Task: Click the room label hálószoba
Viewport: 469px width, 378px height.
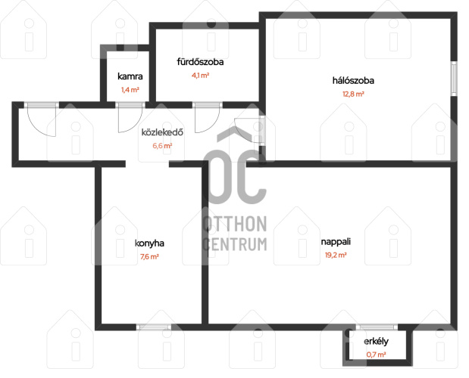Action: tap(353, 81)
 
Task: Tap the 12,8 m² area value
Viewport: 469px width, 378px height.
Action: tap(353, 94)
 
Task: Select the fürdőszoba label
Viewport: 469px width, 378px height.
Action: tap(200, 62)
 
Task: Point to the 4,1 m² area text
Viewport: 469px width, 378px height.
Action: tap(200, 76)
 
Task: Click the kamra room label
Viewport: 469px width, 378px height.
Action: tap(130, 76)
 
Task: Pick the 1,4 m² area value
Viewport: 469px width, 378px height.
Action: tap(130, 90)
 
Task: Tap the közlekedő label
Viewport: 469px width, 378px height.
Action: tap(162, 132)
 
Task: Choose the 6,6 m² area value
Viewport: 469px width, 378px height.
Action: tap(162, 146)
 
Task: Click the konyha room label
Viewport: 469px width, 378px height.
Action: tap(149, 243)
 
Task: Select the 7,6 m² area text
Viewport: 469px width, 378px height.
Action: tap(149, 256)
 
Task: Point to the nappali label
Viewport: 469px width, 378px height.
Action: tap(336, 242)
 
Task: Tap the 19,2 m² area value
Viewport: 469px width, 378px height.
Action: tap(336, 255)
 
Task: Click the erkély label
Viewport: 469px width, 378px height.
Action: tap(377, 341)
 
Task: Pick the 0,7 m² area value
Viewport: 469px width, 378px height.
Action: tap(377, 355)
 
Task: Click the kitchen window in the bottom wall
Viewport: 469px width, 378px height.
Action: tap(154, 327)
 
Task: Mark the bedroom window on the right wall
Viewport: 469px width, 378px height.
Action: tap(454, 79)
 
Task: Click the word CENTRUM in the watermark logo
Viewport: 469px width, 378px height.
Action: tap(235, 244)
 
